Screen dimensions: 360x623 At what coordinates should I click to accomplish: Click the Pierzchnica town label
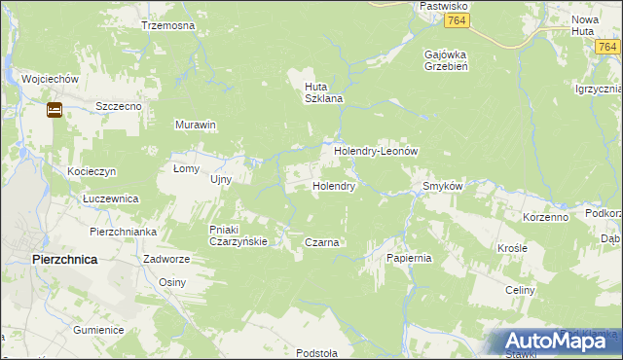(63, 260)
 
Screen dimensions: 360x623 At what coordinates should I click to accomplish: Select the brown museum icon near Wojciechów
(55, 110)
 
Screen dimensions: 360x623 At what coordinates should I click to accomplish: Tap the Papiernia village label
(408, 258)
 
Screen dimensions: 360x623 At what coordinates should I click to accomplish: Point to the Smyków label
(441, 186)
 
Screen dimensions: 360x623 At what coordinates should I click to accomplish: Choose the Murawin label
(195, 126)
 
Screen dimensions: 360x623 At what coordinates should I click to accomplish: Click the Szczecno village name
(120, 105)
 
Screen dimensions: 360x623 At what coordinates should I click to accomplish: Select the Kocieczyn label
(92, 171)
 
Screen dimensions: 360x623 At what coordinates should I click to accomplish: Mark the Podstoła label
(318, 353)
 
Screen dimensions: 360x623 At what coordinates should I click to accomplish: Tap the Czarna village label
(321, 242)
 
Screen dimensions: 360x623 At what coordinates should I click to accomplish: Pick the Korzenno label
(545, 217)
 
